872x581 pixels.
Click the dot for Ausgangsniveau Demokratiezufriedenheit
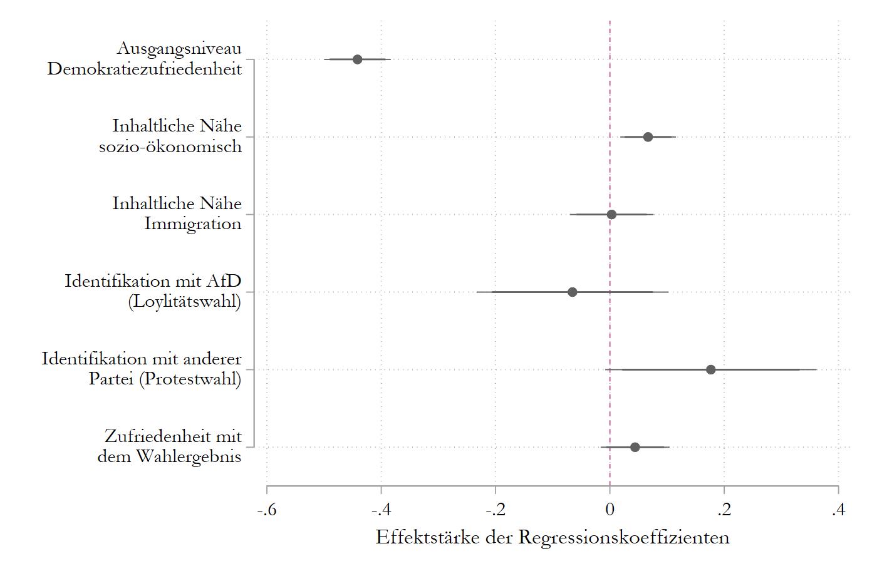[357, 59]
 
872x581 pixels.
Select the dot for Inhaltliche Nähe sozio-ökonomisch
[648, 137]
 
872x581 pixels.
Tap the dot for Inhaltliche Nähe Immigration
[611, 215]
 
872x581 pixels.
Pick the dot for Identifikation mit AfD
[572, 292]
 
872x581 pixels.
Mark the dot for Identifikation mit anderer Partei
[710, 369]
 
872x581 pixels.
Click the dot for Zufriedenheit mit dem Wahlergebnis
[635, 447]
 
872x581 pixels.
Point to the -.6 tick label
[267, 510]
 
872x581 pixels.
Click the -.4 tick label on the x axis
[381, 510]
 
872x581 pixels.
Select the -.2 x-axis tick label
[495, 510]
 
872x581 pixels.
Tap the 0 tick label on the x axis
[610, 510]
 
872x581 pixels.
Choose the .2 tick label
[724, 510]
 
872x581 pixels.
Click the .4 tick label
[838, 510]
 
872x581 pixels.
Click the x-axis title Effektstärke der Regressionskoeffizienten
[553, 537]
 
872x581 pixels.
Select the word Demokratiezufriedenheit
[144, 68]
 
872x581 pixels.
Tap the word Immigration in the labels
[192, 224]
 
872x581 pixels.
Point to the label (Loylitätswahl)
[184, 301]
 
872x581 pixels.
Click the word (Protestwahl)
[190, 379]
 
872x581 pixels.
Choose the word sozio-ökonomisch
[170, 146]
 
